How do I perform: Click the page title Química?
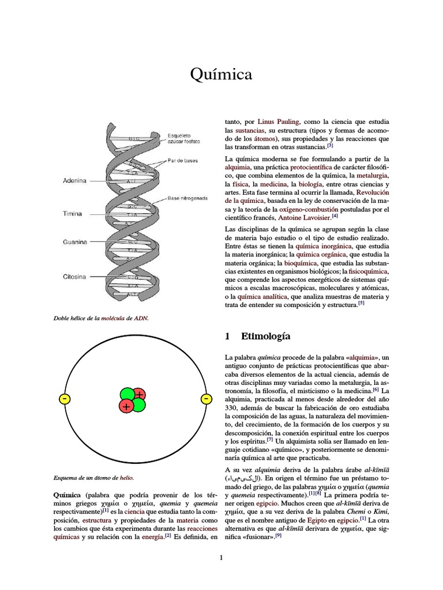pyautogui.click(x=221, y=74)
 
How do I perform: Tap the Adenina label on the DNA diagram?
pyautogui.click(x=74, y=180)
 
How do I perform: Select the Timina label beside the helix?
pyautogui.click(x=73, y=214)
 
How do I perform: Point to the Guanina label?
pyautogui.click(x=75, y=242)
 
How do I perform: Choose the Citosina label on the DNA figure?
pyautogui.click(x=74, y=277)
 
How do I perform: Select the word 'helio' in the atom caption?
pyautogui.click(x=126, y=478)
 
